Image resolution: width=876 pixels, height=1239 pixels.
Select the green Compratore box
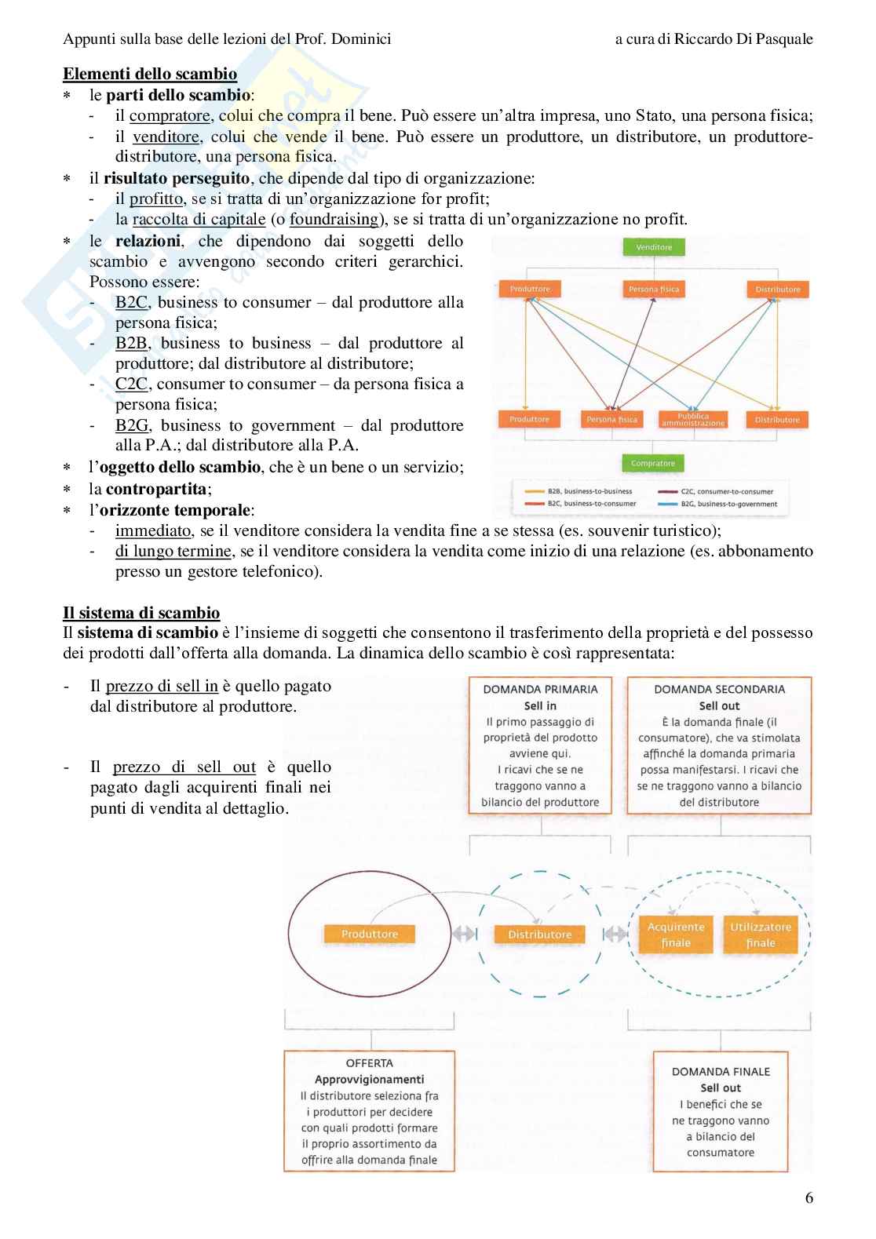point(652,463)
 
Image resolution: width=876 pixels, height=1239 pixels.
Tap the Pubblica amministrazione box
point(692,420)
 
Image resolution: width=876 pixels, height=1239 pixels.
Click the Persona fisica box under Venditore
point(653,290)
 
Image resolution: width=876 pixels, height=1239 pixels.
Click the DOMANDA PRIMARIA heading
point(540,689)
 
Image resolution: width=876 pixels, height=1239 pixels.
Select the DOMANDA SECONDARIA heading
point(719,689)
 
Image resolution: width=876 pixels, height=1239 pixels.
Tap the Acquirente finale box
point(676,935)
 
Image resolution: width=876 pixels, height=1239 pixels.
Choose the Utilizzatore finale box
point(760,935)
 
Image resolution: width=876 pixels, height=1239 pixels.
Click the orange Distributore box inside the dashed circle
point(539,935)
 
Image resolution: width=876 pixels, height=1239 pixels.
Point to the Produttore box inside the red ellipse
point(370,934)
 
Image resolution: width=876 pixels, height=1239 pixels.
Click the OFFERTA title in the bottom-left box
point(369,1063)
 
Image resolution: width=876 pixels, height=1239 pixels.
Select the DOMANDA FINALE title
point(721,1071)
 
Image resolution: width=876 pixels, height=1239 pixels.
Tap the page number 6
point(809,1198)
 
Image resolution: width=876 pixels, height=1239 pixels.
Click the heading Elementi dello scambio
point(150,75)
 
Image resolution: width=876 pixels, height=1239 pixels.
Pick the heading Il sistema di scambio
point(141,613)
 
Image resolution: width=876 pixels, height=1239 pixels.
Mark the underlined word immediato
point(153,530)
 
